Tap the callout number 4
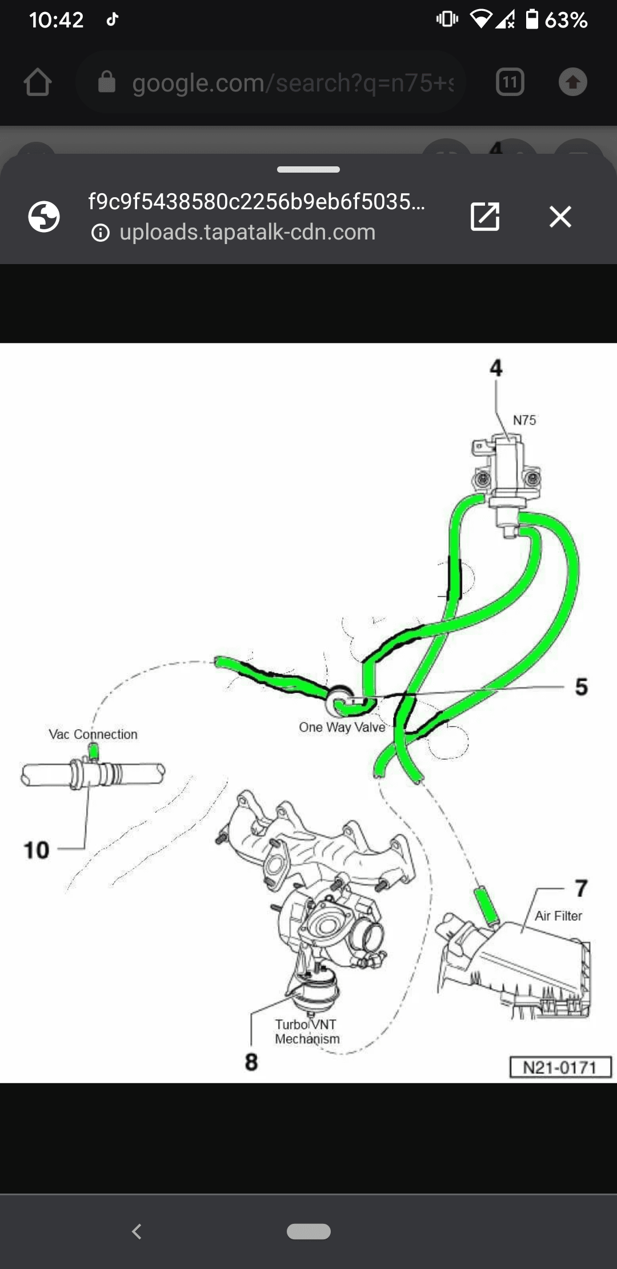point(496,368)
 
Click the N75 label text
point(524,420)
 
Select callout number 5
point(581,687)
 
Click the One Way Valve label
point(342,727)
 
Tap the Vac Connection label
point(93,734)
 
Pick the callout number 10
point(36,850)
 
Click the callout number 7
point(581,888)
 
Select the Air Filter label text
point(558,916)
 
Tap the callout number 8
point(251,1062)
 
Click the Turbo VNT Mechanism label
point(307,1032)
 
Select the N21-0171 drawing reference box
point(560,1067)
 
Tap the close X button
point(560,217)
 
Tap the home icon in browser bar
point(38,82)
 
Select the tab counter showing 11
point(510,82)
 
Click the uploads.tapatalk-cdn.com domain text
point(247,232)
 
